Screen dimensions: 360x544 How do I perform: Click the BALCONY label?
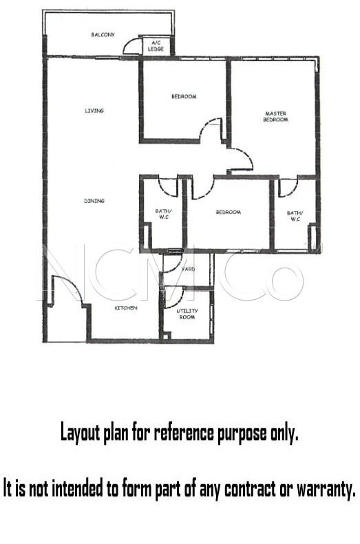103,34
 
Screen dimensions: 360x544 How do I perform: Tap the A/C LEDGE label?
156,46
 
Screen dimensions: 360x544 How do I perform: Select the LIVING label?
94,111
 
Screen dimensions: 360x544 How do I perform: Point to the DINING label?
94,201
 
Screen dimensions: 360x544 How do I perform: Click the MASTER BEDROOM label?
275,117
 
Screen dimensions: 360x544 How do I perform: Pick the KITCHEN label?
126,307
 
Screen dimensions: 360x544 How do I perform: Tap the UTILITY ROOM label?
187,314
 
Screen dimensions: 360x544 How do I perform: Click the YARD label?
189,269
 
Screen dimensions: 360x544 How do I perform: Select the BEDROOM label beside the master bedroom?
184,96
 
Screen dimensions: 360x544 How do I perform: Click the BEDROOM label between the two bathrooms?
229,212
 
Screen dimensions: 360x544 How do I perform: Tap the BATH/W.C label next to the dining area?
163,214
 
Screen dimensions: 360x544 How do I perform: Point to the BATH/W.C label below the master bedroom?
295,216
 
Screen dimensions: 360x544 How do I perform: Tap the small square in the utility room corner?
167,336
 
